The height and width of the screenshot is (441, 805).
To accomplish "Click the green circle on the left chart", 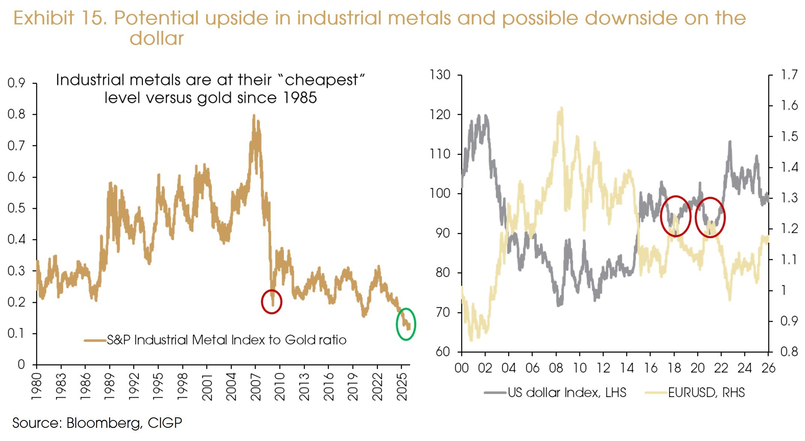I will (x=406, y=324).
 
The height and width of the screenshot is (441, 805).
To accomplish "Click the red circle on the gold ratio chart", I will (x=271, y=302).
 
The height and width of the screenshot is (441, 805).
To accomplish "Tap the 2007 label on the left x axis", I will (x=256, y=387).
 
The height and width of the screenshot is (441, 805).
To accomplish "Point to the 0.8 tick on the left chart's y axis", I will (x=17, y=114).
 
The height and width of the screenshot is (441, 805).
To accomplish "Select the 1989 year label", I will (x=110, y=387).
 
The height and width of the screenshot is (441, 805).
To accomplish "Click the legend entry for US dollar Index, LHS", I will (x=567, y=393).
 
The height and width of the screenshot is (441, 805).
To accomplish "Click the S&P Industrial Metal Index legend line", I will (x=95, y=340).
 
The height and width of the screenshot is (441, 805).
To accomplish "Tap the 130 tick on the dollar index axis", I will (x=440, y=75).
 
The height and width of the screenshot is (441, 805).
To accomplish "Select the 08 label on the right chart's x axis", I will (x=556, y=368).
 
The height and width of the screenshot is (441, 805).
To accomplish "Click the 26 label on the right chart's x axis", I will (x=768, y=368).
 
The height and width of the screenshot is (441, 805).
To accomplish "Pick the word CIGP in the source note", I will (x=165, y=423).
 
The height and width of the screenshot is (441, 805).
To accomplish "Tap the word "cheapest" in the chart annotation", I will (x=321, y=80).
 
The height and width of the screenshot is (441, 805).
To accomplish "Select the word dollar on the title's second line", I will (x=157, y=38).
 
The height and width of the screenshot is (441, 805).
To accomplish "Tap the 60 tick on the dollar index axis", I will (x=443, y=352).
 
